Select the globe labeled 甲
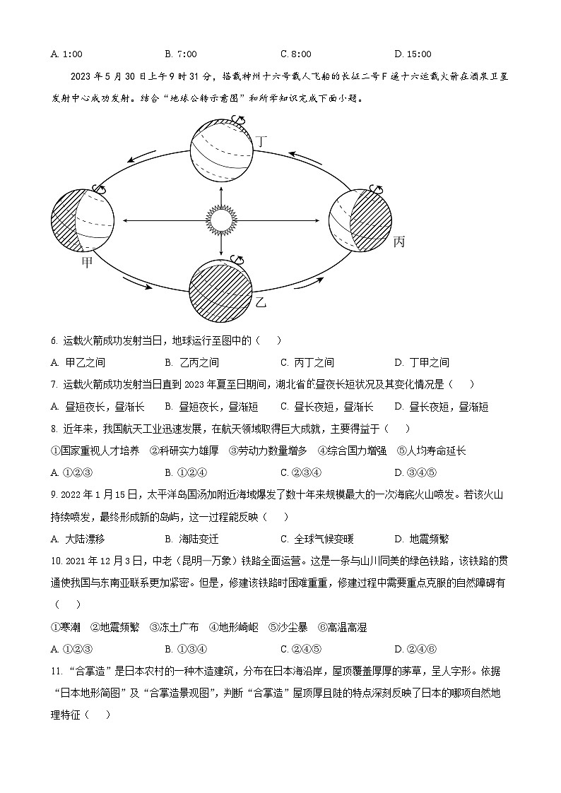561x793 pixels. tap(83, 220)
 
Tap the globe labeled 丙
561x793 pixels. tap(360, 221)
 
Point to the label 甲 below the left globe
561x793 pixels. tap(88, 263)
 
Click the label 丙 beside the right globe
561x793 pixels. tap(398, 242)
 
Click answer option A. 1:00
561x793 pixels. tap(67, 54)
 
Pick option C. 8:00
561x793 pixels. tap(295, 54)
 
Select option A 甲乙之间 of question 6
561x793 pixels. tap(78, 362)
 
